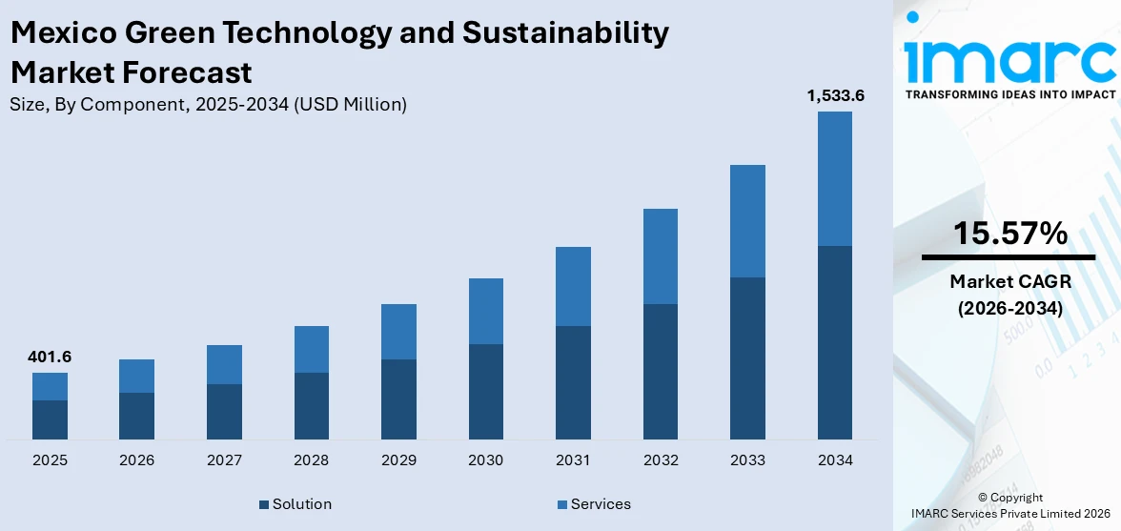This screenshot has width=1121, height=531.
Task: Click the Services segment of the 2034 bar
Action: (x=834, y=178)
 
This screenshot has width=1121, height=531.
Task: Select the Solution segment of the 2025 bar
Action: (x=50, y=419)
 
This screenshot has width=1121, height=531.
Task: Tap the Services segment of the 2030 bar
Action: (x=485, y=311)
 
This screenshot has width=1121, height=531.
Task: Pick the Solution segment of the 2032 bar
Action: (x=660, y=372)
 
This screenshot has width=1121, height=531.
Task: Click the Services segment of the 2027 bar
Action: (x=224, y=364)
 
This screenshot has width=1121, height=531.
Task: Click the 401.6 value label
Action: (x=50, y=357)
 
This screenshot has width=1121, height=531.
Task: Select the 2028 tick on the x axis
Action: (x=311, y=460)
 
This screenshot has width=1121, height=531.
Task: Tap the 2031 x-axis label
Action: (x=573, y=460)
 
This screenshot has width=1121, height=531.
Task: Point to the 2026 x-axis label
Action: (x=136, y=460)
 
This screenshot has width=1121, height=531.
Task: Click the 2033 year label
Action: (x=747, y=460)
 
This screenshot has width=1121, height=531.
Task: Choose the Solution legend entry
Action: (x=295, y=503)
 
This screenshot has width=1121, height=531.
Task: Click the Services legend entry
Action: (x=593, y=503)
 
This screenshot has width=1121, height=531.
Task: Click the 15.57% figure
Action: (x=1010, y=234)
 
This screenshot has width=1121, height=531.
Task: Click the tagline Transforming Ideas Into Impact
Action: (x=1010, y=94)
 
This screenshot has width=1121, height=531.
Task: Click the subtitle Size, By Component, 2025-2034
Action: (x=208, y=105)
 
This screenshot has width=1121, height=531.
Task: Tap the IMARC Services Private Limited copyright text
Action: (x=1010, y=513)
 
